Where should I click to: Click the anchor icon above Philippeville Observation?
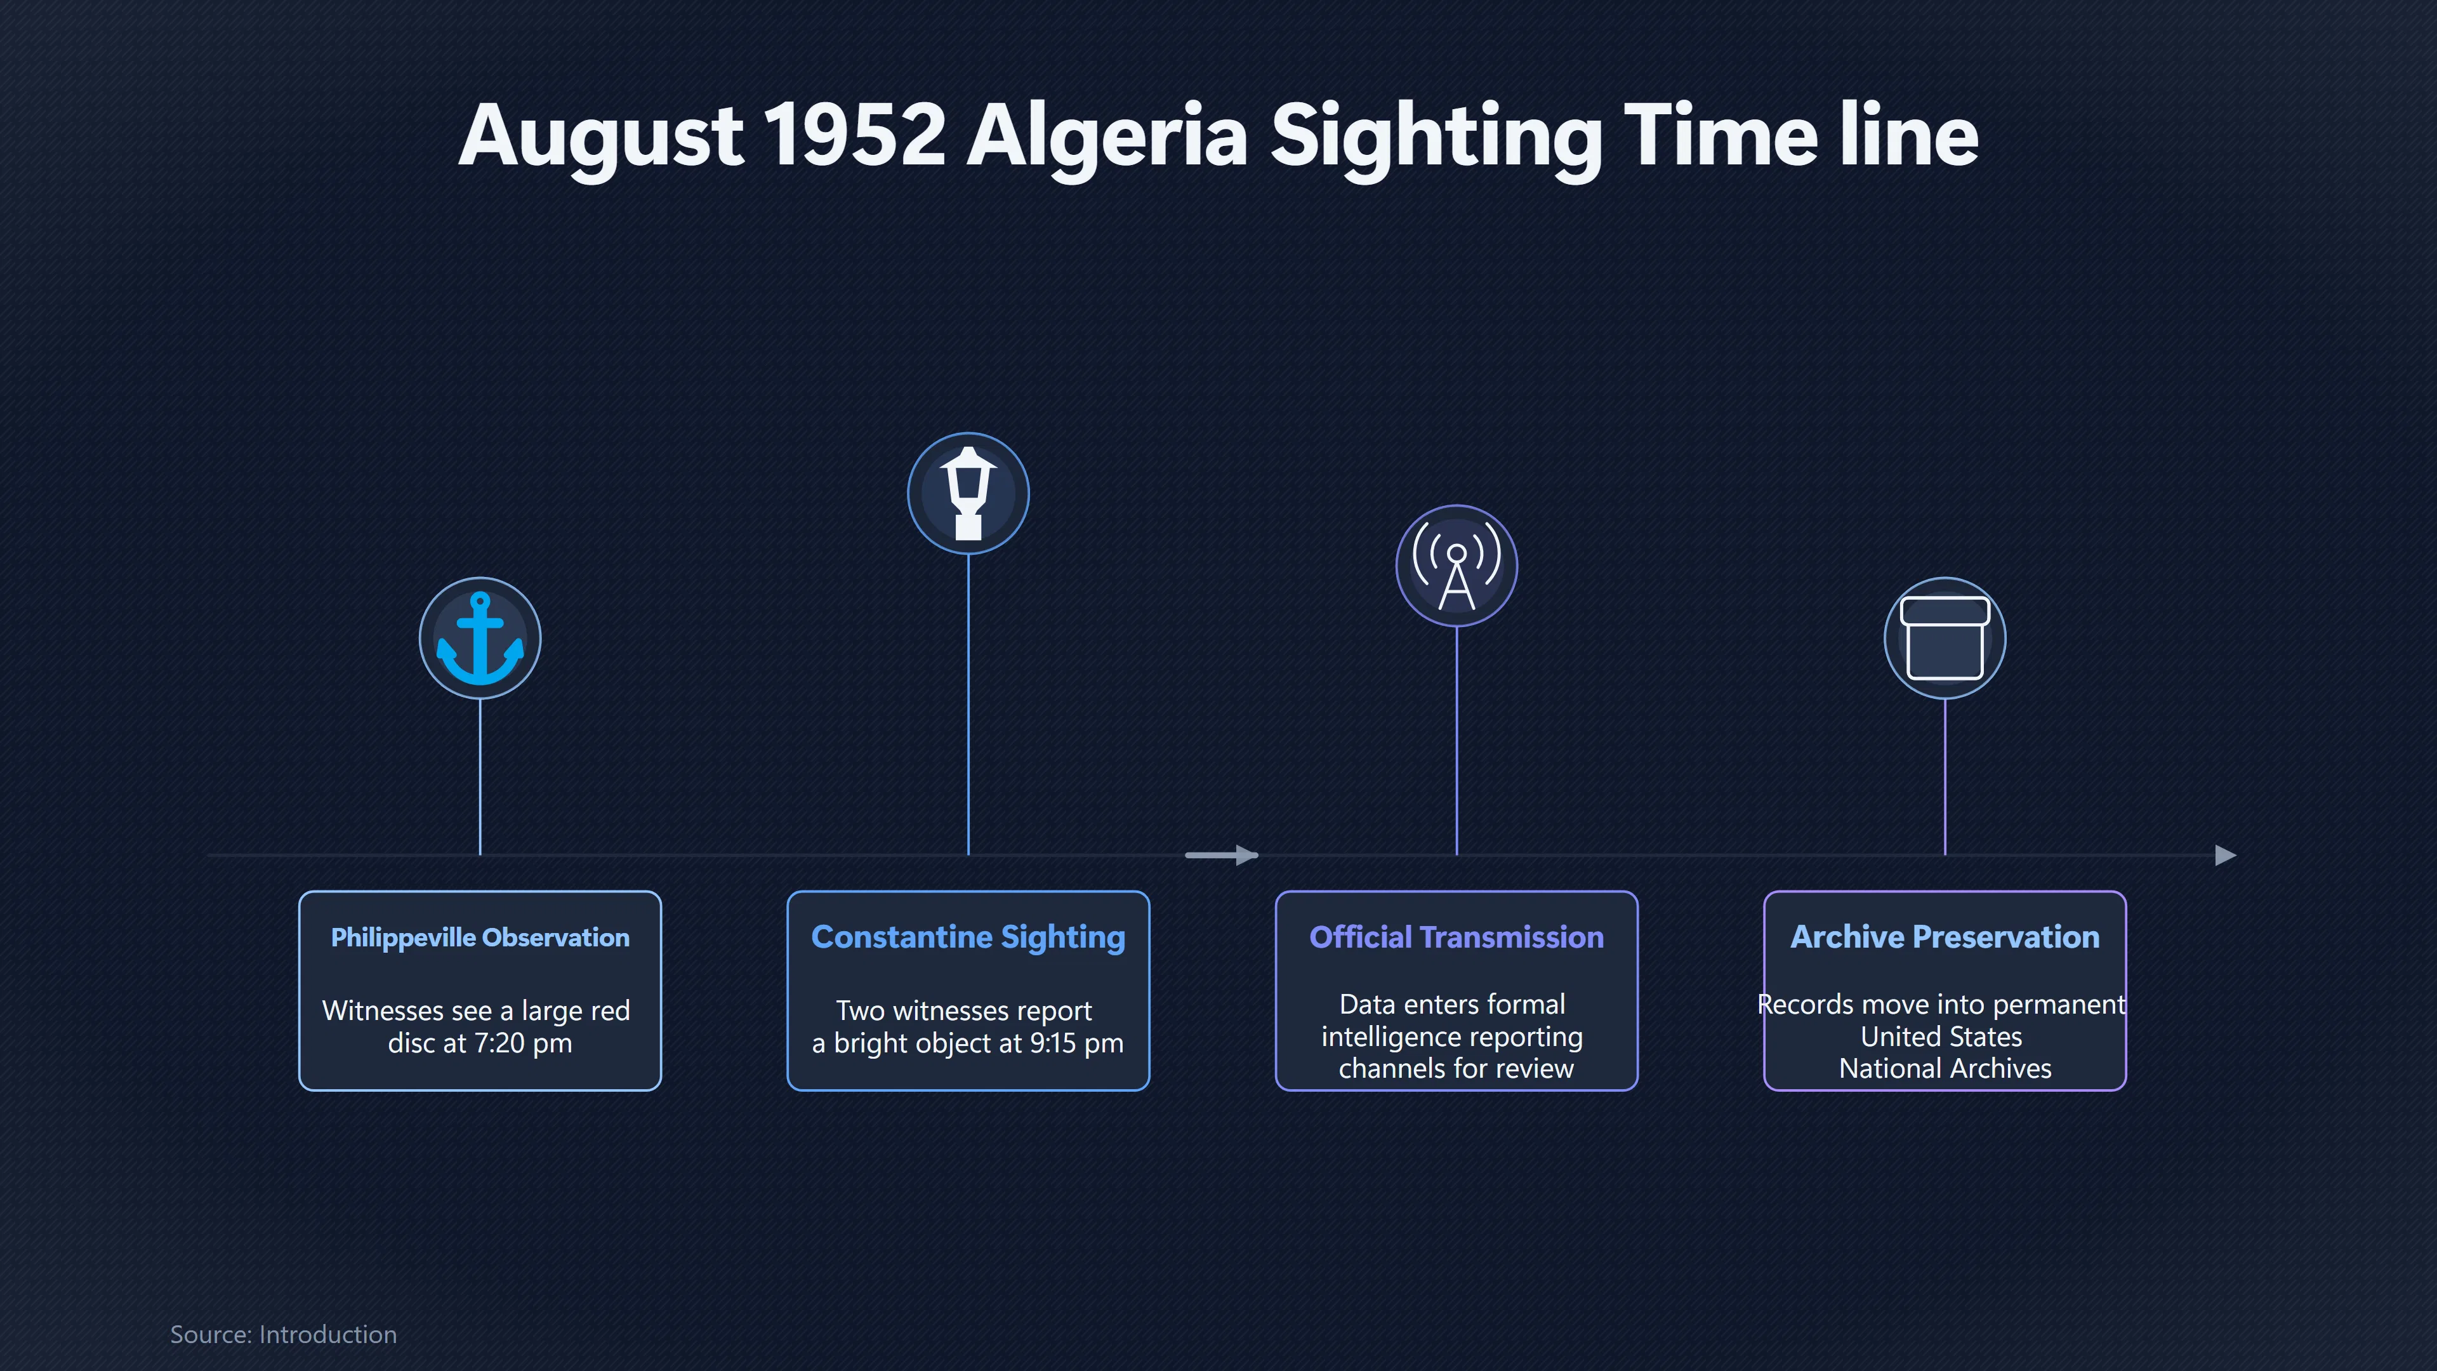[x=480, y=638]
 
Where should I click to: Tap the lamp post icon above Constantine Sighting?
[x=968, y=493]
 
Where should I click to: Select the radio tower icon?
[x=1456, y=566]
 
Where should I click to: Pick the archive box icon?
[x=1944, y=638]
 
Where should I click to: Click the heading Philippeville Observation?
[x=480, y=937]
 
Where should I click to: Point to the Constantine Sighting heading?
[x=968, y=937]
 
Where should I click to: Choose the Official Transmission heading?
[x=1456, y=937]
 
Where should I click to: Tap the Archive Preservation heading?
[x=1944, y=937]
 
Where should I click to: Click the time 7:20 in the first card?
[x=499, y=1043]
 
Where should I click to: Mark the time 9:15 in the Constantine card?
[x=1053, y=1043]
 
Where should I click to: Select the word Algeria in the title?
[x=1107, y=139]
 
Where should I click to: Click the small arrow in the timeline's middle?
[x=1221, y=856]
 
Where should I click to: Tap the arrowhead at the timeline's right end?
[x=2226, y=856]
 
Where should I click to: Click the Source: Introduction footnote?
[x=283, y=1334]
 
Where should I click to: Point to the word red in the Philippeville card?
[x=609, y=1010]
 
